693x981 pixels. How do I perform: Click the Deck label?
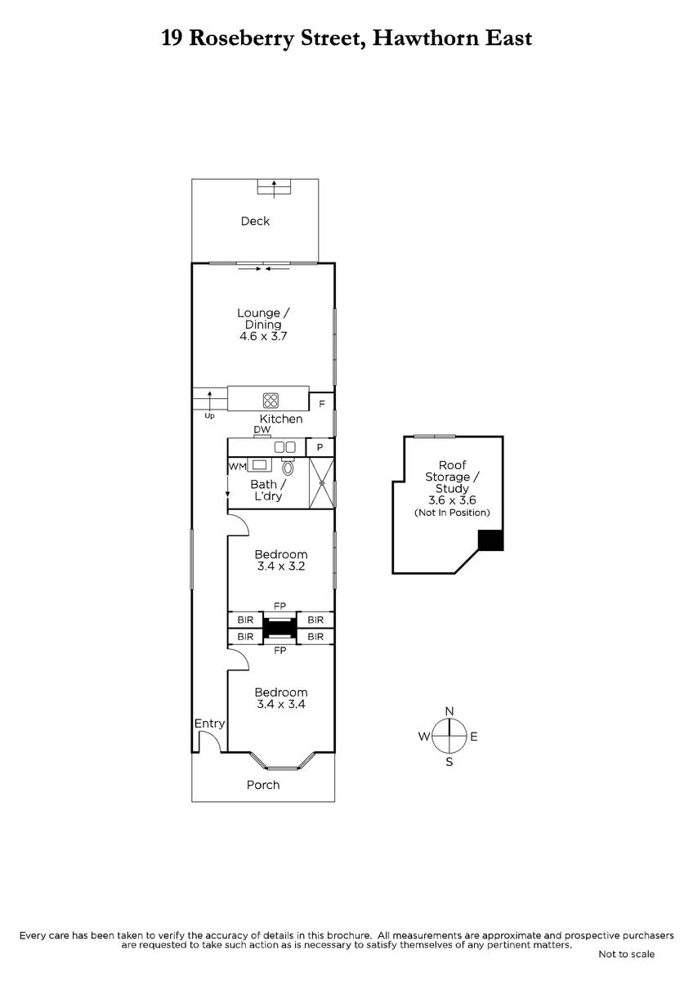255,222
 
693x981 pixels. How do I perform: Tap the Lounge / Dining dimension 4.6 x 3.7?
263,336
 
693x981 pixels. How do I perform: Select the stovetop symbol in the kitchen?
270,400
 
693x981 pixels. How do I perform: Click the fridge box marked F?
322,403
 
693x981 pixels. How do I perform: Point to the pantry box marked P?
320,447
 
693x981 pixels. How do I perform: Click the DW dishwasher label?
262,430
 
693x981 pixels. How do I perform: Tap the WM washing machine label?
237,467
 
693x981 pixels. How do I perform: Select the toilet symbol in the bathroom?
288,467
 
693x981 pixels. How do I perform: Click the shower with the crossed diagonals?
322,483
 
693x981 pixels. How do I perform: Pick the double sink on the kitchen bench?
284,447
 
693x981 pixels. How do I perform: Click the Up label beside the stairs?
210,416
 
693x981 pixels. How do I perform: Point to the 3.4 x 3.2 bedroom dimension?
281,567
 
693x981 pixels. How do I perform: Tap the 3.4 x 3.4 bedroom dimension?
281,704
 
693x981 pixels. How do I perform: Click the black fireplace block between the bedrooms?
279,629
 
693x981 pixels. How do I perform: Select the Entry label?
210,723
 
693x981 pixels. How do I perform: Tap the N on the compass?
449,711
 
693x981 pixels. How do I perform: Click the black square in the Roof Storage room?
490,540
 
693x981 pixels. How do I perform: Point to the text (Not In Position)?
452,513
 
